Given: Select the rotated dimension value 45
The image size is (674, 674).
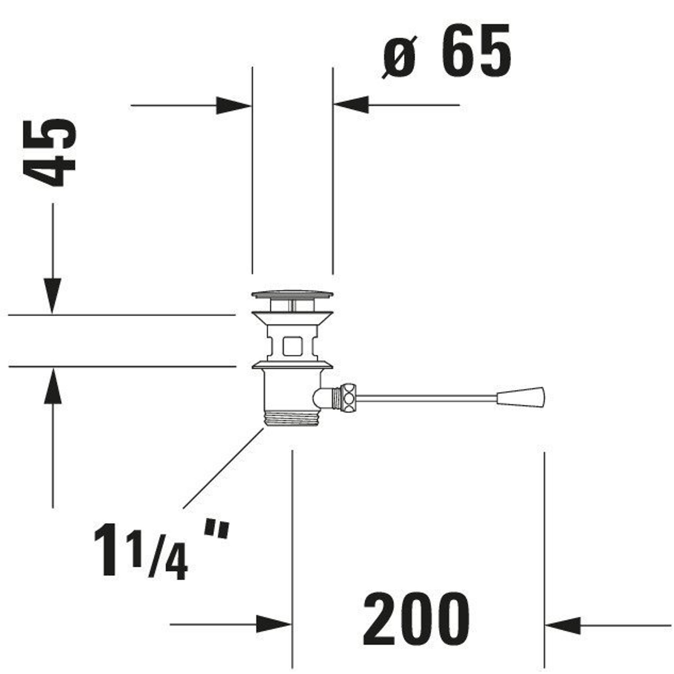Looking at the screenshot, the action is (49, 152).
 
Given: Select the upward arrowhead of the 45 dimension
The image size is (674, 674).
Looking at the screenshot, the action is (53, 386).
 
